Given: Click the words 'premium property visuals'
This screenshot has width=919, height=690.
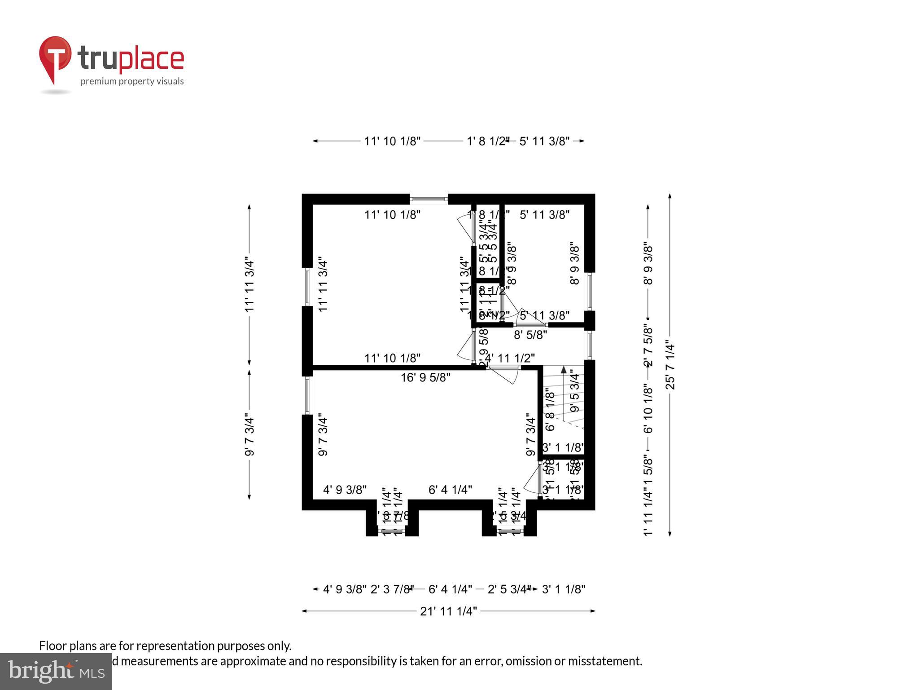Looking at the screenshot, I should (132, 81).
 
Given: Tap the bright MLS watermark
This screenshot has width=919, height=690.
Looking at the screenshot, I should (56, 671).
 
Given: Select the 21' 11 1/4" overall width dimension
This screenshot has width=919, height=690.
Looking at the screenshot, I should (448, 611).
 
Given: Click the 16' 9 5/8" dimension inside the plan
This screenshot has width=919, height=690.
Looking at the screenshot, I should (425, 377).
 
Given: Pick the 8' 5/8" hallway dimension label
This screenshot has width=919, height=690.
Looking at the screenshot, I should (530, 335).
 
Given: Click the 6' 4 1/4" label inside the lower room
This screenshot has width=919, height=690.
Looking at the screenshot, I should (450, 490).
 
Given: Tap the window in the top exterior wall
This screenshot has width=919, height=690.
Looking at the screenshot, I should (429, 199).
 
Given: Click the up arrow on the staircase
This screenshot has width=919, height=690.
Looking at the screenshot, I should (564, 370).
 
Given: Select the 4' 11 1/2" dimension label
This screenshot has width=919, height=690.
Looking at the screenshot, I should (510, 358).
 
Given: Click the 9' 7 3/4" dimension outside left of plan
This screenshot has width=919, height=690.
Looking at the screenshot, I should (249, 436).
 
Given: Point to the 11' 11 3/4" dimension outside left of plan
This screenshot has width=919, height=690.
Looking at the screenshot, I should (249, 285).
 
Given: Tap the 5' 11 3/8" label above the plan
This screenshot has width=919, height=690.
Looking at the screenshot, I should (544, 141).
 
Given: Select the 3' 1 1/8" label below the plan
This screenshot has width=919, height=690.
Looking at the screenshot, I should (564, 589).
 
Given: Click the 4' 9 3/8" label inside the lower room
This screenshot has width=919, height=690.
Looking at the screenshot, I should (345, 490).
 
